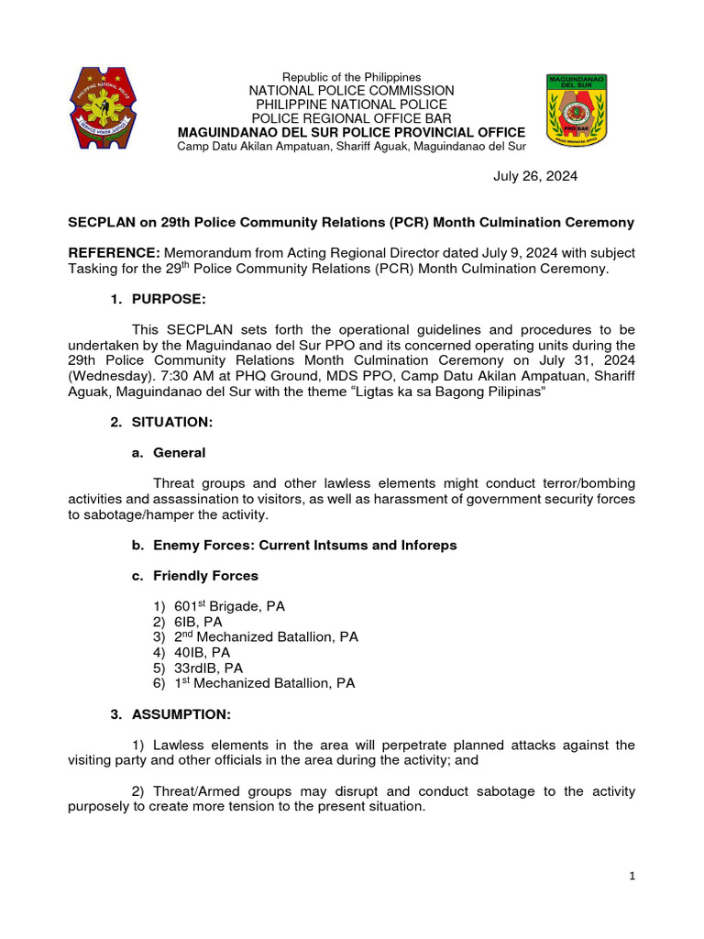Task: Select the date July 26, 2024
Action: (x=535, y=176)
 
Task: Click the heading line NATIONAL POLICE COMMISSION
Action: (x=352, y=91)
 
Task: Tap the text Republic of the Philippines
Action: (x=352, y=77)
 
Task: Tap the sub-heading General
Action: (x=179, y=452)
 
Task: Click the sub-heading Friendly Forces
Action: (x=205, y=576)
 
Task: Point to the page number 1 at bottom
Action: (x=632, y=877)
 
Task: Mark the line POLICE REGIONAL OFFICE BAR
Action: (x=352, y=118)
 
